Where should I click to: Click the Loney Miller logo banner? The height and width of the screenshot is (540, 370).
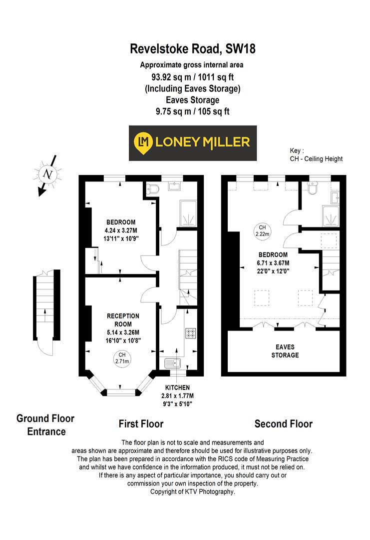(192, 142)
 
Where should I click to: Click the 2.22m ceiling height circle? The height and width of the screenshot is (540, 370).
(262, 230)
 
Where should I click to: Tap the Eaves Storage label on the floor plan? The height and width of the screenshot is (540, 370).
(285, 351)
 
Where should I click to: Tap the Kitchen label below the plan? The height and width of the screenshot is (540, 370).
(178, 387)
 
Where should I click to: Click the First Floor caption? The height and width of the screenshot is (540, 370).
(141, 424)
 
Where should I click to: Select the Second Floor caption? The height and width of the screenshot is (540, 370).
(284, 424)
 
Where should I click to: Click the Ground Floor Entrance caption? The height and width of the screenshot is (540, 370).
(45, 424)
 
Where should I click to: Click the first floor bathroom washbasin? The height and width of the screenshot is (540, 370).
(176, 187)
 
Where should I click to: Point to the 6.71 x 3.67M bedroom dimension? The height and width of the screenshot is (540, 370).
(270, 263)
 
